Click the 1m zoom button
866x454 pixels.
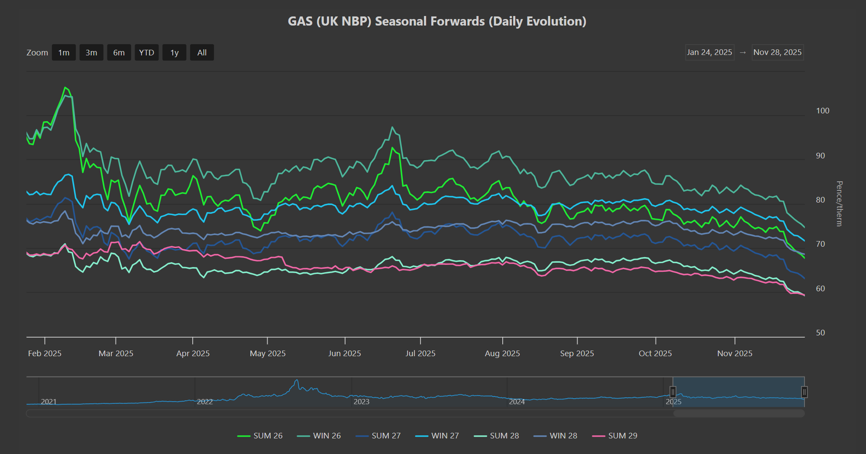click(x=64, y=53)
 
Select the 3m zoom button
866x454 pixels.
click(x=91, y=53)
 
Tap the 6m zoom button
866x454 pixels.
click(x=119, y=53)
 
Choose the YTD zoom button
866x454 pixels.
click(x=146, y=53)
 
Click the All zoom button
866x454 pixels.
click(x=202, y=53)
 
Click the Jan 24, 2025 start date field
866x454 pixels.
click(x=709, y=52)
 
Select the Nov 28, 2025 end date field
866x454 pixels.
click(x=777, y=52)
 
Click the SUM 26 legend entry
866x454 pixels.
click(x=260, y=436)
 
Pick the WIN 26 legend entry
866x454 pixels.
click(x=319, y=436)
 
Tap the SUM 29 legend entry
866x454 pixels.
click(x=615, y=436)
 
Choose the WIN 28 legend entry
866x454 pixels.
click(x=556, y=436)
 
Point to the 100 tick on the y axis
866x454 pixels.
click(x=822, y=111)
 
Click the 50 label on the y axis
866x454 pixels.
click(x=820, y=333)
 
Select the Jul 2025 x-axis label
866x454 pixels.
click(x=420, y=354)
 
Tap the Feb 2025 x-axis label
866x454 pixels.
click(x=45, y=354)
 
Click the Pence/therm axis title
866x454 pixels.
click(x=839, y=203)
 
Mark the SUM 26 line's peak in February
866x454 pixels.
click(x=65, y=87)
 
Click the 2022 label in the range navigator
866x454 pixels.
click(x=205, y=402)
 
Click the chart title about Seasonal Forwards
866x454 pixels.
click(x=437, y=21)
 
